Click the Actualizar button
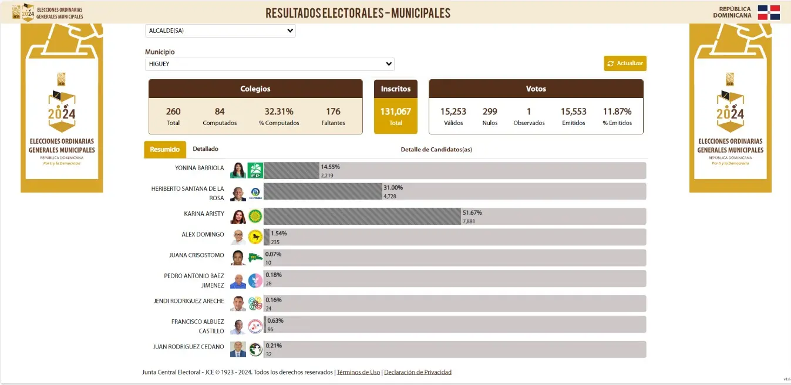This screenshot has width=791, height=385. [625, 63]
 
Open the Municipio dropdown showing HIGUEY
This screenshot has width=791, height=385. [270, 63]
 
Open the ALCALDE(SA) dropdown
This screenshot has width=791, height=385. [220, 31]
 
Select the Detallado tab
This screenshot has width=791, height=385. [206, 149]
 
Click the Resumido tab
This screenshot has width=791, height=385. [165, 150]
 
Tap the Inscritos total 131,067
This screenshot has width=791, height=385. [396, 112]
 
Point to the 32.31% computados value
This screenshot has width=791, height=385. [279, 112]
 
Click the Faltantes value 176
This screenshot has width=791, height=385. [333, 112]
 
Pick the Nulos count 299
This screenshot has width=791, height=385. [490, 112]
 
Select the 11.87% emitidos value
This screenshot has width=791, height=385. [617, 112]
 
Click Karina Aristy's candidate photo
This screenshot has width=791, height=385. [238, 217]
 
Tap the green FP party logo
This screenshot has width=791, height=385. [255, 171]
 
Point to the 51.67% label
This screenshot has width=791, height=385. [472, 212]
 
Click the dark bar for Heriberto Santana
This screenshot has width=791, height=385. [323, 191]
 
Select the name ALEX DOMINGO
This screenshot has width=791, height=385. [203, 235]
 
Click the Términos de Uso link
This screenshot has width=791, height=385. [358, 372]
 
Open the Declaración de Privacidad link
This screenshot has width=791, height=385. [418, 372]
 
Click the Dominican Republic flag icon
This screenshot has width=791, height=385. [769, 12]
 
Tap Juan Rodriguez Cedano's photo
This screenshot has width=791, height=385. [238, 349]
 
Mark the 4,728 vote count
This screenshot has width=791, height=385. [390, 195]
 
